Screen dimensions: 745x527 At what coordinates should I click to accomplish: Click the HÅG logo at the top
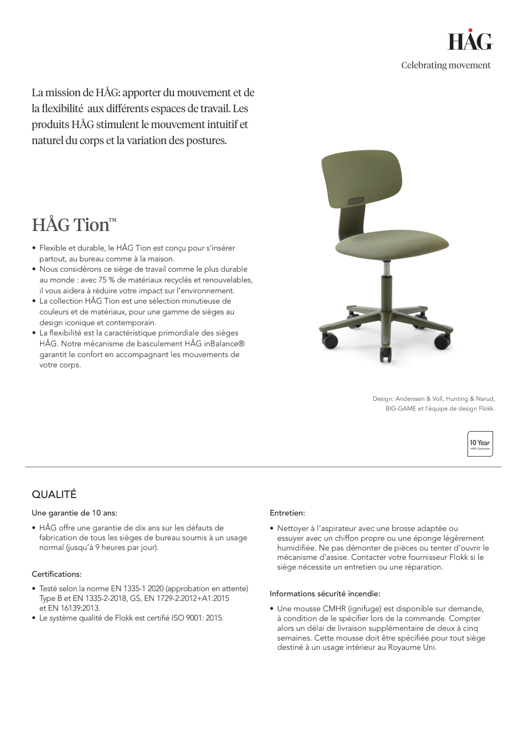coord(469,41)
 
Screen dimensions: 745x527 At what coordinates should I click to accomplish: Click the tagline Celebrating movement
coord(446,65)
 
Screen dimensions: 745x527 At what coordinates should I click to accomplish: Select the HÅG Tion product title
coord(74,225)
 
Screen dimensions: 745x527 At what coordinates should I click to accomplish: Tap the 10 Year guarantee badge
coord(480,444)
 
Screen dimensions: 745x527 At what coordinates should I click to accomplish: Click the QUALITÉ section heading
coord(54,494)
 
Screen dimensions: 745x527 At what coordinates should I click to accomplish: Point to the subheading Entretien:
coord(287,513)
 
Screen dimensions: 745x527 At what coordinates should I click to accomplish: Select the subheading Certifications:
coord(57,574)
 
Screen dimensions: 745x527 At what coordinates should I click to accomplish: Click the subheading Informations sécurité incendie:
coord(325,594)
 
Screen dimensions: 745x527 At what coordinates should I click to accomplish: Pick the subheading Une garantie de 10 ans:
coord(74,513)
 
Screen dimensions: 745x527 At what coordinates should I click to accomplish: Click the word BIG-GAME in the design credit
coord(400,409)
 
